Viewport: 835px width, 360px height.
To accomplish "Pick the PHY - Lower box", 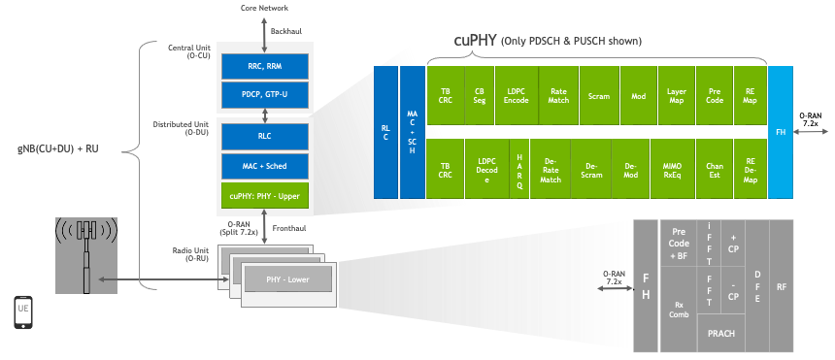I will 288,279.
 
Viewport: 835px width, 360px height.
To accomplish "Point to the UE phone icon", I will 24,312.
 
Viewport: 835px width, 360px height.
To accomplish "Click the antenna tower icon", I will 87,254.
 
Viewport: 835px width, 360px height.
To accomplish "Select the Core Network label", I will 265,8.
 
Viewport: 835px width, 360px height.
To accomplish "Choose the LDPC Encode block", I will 515,97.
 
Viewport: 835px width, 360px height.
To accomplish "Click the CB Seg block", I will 478,97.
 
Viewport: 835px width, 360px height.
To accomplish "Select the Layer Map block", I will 677,97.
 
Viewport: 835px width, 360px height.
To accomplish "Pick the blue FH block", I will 782,132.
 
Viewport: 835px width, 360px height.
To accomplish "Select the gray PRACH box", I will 722,333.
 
